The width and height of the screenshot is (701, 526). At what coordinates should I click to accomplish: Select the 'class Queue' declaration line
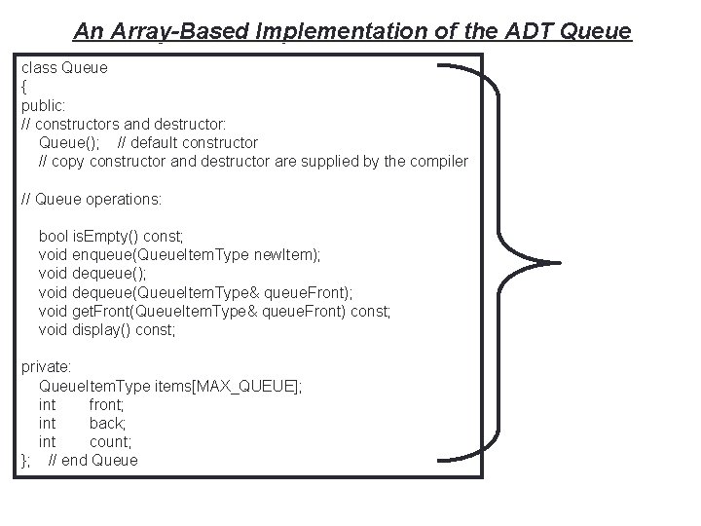point(64,68)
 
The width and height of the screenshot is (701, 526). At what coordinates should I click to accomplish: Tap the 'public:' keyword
point(44,105)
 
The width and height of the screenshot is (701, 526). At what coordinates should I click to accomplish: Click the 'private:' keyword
point(47,367)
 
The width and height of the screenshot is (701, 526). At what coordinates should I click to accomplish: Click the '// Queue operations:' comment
point(92,199)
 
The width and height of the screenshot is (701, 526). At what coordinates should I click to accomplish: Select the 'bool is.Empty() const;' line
point(111,237)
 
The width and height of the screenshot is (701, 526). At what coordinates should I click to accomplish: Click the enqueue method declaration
point(179,255)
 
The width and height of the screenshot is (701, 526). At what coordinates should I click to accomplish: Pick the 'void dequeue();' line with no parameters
point(93,274)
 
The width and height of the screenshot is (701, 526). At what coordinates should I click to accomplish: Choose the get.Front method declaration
point(214,311)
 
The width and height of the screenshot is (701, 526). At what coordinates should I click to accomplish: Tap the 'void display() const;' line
point(107,329)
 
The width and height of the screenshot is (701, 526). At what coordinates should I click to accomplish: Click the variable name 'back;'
point(107,423)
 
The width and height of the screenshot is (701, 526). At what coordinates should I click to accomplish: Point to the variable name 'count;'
point(110,441)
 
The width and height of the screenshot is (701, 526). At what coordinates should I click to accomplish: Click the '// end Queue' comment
point(93,460)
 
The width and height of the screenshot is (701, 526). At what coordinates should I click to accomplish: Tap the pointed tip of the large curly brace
point(559,262)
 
